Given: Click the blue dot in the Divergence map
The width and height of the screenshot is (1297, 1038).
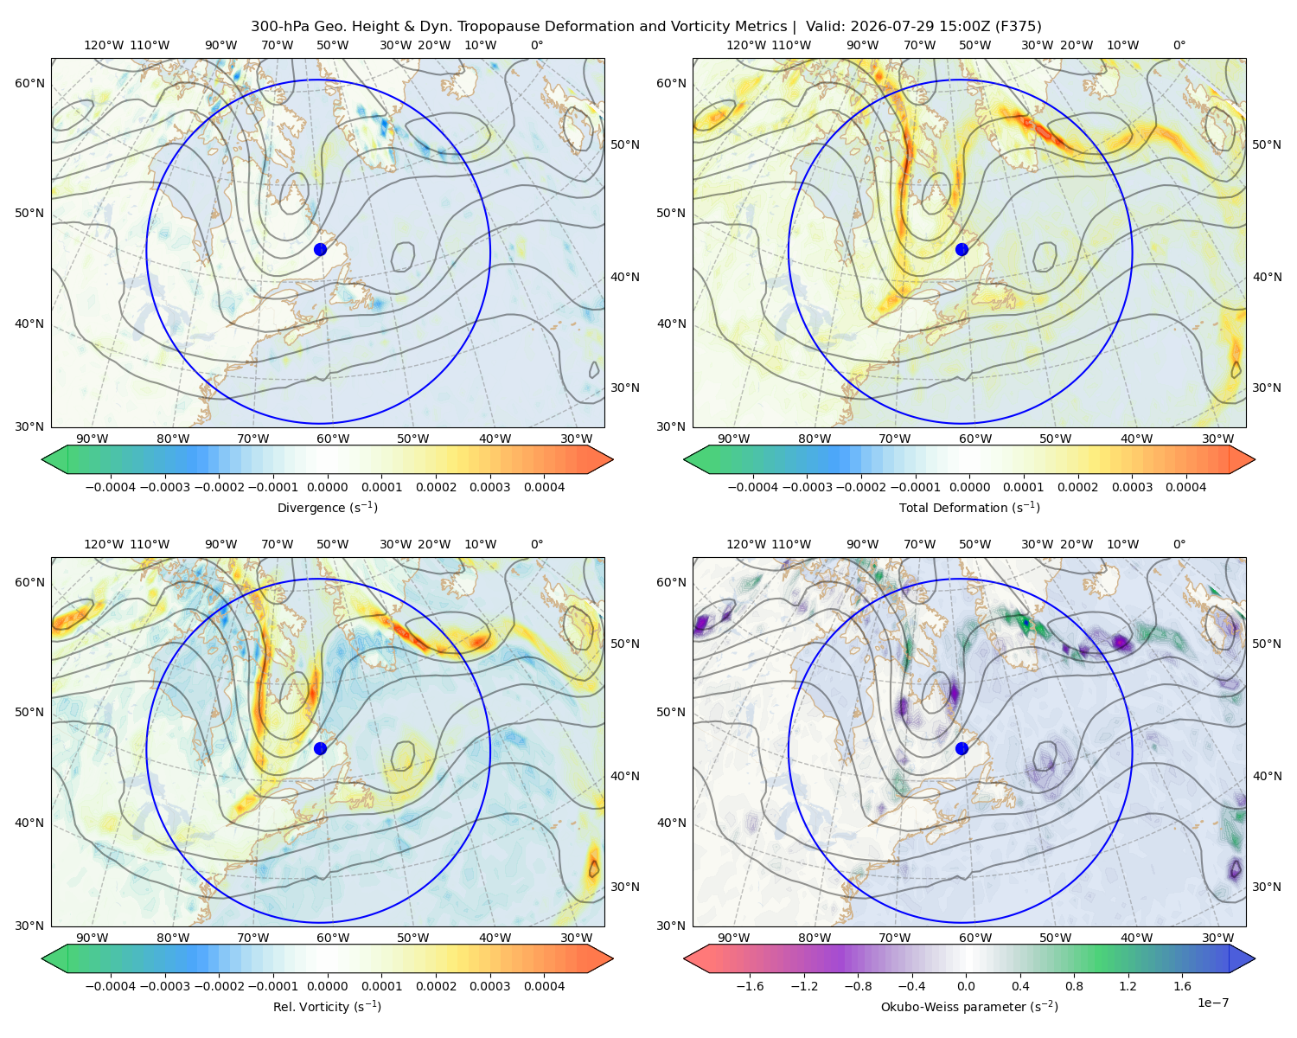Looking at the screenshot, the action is (320, 249).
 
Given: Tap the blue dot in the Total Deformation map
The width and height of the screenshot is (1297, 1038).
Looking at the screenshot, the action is (962, 249).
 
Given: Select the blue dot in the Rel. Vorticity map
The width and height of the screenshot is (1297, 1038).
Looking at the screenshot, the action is (320, 748).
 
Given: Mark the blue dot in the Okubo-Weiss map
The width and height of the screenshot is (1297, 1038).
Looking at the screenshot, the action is (962, 748).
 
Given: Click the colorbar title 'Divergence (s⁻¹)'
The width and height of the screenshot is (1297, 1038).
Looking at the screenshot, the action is (327, 507).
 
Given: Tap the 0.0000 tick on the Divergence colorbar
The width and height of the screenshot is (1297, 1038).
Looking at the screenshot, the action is (327, 487).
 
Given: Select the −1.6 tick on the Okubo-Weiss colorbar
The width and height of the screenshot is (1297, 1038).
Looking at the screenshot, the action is (750, 986).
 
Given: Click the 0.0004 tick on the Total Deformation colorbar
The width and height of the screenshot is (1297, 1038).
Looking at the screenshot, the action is (1185, 487).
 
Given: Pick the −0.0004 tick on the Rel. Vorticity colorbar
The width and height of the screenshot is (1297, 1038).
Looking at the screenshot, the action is (111, 986).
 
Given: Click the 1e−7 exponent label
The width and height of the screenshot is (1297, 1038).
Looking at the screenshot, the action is (1212, 1003).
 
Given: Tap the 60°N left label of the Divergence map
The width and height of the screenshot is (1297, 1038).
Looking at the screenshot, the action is (29, 83).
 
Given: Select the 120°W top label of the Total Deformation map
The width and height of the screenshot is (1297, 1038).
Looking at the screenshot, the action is (745, 45).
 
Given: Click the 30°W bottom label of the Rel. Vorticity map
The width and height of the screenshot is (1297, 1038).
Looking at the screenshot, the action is (576, 938).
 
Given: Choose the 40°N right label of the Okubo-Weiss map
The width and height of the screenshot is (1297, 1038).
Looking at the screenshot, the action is (1267, 776).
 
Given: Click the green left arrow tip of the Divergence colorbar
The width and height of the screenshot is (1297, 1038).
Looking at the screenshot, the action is (42, 459).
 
